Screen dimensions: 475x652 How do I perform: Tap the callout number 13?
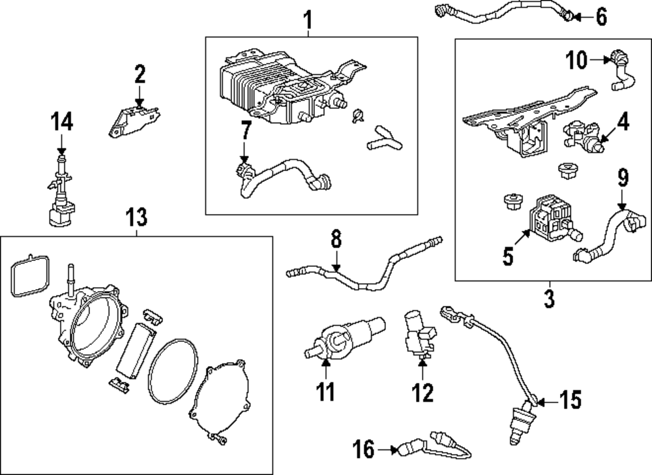pyautogui.click(x=137, y=215)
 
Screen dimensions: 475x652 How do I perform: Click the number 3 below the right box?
pyautogui.click(x=549, y=299)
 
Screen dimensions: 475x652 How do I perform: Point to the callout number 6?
pyautogui.click(x=600, y=16)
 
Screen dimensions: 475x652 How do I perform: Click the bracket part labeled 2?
pyautogui.click(x=134, y=120)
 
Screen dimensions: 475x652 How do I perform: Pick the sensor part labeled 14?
pyautogui.click(x=59, y=196)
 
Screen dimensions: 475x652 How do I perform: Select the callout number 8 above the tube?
pyautogui.click(x=336, y=240)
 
